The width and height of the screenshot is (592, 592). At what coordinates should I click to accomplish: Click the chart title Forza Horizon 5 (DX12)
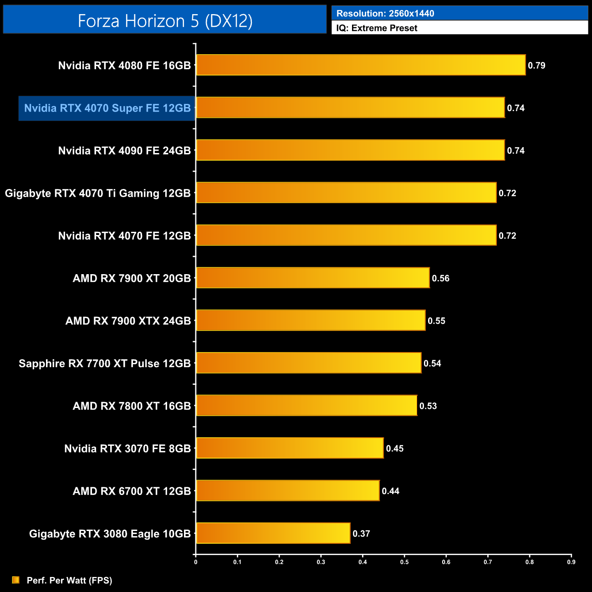click(x=165, y=21)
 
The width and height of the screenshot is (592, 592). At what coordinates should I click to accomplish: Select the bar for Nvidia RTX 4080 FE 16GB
click(x=361, y=65)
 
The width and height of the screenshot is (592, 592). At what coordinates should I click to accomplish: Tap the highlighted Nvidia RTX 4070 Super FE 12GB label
click(x=107, y=108)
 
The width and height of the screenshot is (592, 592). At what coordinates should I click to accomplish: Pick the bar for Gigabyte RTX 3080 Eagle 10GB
click(x=273, y=533)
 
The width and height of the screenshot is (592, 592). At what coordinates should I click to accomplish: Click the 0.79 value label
click(x=536, y=66)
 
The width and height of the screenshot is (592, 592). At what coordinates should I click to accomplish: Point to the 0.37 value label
click(x=361, y=534)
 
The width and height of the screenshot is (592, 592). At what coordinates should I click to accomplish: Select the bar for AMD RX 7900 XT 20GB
click(x=313, y=278)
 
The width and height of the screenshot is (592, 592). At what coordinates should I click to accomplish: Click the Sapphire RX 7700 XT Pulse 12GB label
click(x=104, y=363)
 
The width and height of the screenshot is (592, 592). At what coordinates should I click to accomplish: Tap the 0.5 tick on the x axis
click(x=404, y=562)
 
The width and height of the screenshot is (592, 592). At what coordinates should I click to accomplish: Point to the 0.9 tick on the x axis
click(x=571, y=562)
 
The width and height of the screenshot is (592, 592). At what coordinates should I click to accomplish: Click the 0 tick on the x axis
click(x=196, y=562)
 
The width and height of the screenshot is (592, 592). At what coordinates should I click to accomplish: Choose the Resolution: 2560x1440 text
click(x=385, y=14)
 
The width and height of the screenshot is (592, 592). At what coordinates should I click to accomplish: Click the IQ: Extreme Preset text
click(x=377, y=28)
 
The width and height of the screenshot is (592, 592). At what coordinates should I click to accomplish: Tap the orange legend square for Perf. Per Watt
click(x=16, y=580)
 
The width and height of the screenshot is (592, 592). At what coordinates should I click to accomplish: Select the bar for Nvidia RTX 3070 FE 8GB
click(x=290, y=448)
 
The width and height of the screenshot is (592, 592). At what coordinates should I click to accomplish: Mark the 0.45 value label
click(x=394, y=449)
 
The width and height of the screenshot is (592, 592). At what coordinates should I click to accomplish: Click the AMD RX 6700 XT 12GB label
click(x=132, y=491)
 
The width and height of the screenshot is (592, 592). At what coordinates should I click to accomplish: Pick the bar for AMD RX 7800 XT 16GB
click(x=306, y=406)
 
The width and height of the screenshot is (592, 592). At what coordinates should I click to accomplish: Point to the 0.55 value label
click(x=436, y=321)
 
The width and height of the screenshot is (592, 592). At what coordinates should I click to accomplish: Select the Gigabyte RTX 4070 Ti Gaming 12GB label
click(x=97, y=194)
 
